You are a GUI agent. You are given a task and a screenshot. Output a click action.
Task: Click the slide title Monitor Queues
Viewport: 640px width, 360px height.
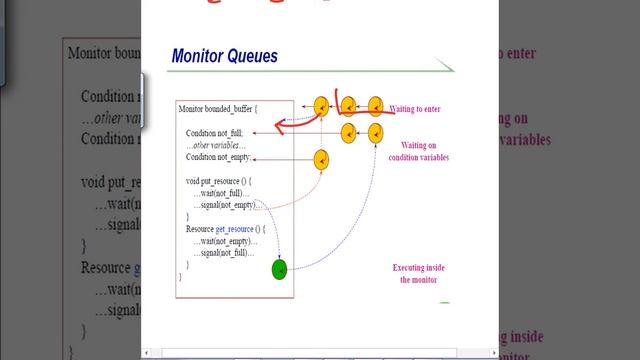[224, 56]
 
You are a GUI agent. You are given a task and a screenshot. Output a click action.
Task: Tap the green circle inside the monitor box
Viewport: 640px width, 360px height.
[280, 268]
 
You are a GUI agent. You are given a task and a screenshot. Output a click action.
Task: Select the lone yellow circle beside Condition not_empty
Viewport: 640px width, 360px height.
[322, 158]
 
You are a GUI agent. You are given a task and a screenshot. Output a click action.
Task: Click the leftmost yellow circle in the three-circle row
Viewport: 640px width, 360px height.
[322, 106]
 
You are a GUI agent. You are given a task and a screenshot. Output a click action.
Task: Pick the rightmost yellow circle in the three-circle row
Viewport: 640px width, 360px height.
[376, 106]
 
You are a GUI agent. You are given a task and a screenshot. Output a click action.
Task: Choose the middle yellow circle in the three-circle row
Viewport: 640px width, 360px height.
[349, 106]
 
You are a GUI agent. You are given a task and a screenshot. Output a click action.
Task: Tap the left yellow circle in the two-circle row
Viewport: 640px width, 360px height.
[349, 132]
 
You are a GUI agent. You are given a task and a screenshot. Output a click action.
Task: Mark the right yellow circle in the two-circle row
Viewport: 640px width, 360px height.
[376, 132]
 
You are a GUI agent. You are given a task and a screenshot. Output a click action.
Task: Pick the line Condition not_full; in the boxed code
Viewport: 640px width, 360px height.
[213, 133]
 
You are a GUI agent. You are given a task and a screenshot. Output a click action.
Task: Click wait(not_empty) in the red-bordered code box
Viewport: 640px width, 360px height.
[224, 241]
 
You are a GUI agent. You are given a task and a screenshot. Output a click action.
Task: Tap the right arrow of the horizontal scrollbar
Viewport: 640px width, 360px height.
[494, 352]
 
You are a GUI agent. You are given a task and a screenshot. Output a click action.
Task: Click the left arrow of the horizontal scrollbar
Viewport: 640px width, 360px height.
[146, 352]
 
